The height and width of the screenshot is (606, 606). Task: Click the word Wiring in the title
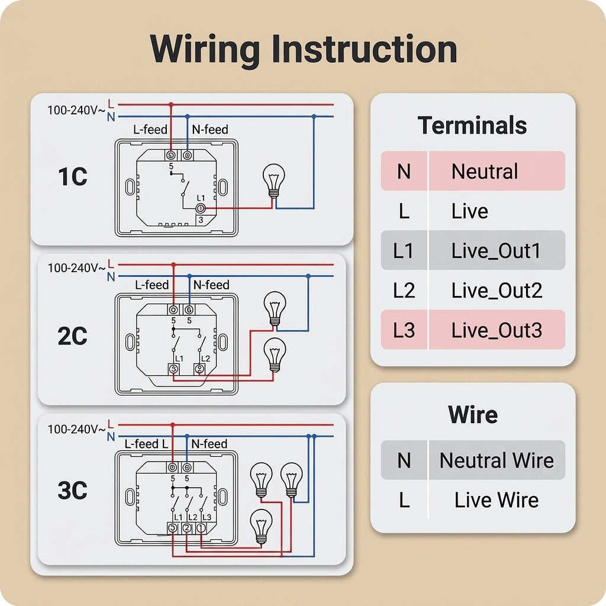pyautogui.click(x=204, y=50)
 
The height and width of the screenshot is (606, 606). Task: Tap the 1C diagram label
pyautogui.click(x=73, y=176)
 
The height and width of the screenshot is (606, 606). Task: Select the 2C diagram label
pyautogui.click(x=72, y=336)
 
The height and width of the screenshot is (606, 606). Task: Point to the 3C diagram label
pyautogui.click(x=72, y=490)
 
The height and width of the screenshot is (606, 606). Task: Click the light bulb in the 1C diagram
pyautogui.click(x=273, y=180)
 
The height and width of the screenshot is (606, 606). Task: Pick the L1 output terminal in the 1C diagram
pyautogui.click(x=201, y=209)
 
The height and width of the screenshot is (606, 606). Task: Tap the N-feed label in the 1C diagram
pyautogui.click(x=210, y=130)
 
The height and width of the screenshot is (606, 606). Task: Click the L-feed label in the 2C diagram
pyautogui.click(x=152, y=285)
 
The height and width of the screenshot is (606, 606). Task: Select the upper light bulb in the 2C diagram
pyautogui.click(x=275, y=308)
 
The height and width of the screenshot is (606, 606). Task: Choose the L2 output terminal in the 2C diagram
pyautogui.click(x=199, y=369)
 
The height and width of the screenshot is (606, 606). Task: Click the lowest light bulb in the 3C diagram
pyautogui.click(x=261, y=526)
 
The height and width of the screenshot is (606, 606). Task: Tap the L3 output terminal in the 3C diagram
pyautogui.click(x=201, y=527)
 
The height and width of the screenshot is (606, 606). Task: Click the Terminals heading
pyautogui.click(x=472, y=125)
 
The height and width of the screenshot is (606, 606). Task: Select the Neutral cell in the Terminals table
pyautogui.click(x=485, y=171)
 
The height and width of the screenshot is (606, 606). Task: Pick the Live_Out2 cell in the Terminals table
pyautogui.click(x=497, y=290)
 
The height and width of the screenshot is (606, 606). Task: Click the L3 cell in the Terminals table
pyautogui.click(x=404, y=330)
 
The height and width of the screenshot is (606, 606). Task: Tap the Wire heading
pyautogui.click(x=473, y=414)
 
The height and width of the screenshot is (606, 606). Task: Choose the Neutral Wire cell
pyautogui.click(x=497, y=460)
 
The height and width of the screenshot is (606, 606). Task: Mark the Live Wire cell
pyautogui.click(x=497, y=499)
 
